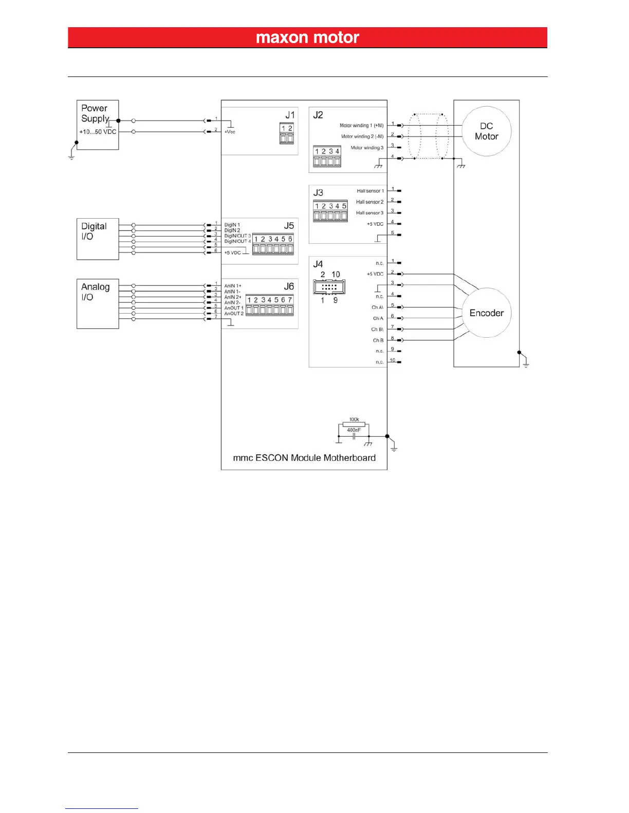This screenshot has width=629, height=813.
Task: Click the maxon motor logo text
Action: [307, 37]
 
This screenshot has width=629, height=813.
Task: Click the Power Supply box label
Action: [95, 113]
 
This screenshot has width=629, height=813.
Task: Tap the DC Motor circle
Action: [486, 131]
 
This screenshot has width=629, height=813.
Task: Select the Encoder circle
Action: [486, 313]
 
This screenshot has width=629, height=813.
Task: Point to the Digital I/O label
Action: [94, 231]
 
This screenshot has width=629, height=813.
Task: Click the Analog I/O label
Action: [95, 292]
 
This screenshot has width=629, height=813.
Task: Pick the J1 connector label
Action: [290, 114]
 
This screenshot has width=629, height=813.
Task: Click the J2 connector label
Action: [318, 114]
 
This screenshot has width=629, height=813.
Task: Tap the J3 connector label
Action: [318, 192]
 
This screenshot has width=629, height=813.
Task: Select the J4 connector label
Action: [318, 264]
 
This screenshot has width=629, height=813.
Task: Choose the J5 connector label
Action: [289, 225]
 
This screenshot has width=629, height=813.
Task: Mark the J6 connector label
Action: [289, 286]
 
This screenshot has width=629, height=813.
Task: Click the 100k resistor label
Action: [354, 419]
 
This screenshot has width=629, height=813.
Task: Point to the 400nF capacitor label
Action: [354, 430]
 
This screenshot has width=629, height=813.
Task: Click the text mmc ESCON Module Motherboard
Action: [304, 458]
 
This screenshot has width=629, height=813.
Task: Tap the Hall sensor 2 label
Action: [369, 202]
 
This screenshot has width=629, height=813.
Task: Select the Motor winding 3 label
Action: [367, 148]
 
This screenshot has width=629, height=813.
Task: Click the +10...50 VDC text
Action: [98, 132]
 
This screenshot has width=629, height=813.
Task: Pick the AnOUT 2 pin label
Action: [234, 314]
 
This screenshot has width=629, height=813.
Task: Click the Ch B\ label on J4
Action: [377, 330]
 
